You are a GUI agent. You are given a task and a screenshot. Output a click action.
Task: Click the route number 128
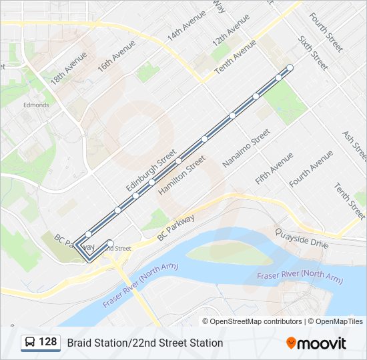coord(48,342)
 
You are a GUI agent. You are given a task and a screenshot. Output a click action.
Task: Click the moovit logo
coord(316,343)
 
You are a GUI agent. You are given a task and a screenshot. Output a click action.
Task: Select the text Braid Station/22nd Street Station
coord(145,343)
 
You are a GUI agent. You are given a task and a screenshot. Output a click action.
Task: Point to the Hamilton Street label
coord(181,175)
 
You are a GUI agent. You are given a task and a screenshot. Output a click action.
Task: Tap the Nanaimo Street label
coord(246,147)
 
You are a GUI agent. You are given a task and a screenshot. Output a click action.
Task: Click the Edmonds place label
coord(36,105)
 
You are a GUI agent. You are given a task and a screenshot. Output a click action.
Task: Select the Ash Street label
coord(354,146)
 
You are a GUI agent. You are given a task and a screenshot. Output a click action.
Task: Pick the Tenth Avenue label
coord(235,57)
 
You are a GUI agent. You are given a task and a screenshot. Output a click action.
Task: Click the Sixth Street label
coord(312,53)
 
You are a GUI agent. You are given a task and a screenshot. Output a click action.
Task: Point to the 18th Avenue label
coord(68,69)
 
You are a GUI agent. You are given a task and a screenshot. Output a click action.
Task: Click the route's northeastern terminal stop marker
coord(290,67)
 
